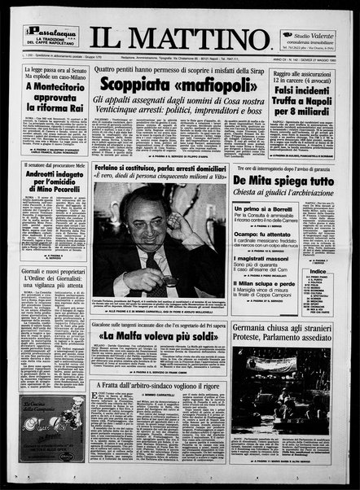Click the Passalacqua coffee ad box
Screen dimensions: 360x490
(x=50, y=36)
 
